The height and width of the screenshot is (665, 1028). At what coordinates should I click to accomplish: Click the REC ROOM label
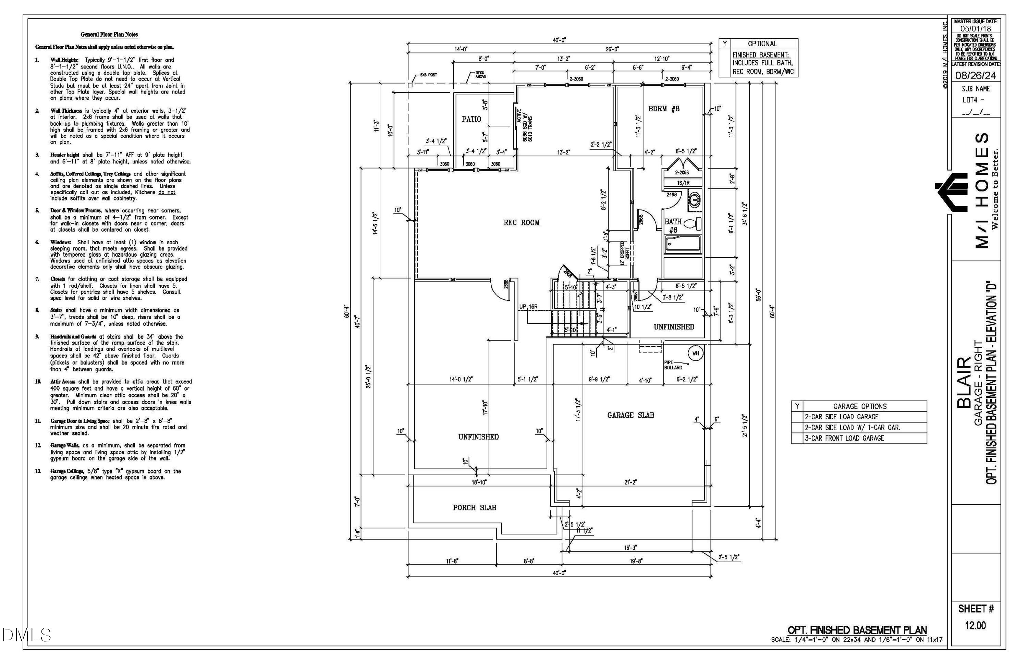click(521, 223)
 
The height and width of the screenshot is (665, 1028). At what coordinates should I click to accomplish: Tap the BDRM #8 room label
click(663, 109)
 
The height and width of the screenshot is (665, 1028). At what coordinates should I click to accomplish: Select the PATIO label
click(471, 119)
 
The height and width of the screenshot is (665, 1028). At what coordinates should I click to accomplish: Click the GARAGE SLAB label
click(630, 415)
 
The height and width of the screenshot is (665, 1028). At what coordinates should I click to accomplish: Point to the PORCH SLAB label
click(474, 508)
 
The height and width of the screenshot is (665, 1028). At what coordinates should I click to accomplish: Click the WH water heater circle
click(695, 353)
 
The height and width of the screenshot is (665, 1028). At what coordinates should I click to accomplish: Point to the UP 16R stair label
click(528, 307)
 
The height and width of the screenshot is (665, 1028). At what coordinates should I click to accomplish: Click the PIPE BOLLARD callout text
click(673, 365)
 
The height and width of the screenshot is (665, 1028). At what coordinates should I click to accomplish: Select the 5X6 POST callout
click(428, 75)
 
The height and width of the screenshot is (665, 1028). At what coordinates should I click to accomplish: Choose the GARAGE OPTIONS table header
click(859, 406)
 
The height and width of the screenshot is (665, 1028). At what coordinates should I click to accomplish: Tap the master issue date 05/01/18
click(975, 28)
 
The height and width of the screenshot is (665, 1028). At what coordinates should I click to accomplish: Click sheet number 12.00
click(975, 625)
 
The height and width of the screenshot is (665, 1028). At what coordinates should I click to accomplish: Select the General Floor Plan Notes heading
click(109, 35)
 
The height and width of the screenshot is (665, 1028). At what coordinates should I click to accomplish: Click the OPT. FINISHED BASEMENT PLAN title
click(857, 630)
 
